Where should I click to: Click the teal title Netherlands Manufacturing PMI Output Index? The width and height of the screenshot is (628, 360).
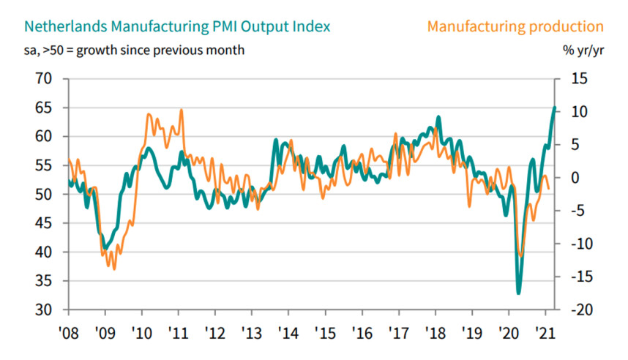176,26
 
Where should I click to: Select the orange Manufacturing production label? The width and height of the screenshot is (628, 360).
515,26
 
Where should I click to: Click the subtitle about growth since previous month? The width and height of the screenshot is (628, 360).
135,50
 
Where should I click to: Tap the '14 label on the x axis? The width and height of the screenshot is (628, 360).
288,330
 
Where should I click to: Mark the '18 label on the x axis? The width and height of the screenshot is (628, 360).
436,330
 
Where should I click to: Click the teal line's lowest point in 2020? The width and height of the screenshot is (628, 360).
519,293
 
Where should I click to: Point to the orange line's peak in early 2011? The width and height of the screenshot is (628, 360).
181,110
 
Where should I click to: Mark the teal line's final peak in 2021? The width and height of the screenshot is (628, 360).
554,108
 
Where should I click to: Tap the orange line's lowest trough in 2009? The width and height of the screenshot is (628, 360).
114,269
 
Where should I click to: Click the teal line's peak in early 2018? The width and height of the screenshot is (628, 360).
438,117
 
